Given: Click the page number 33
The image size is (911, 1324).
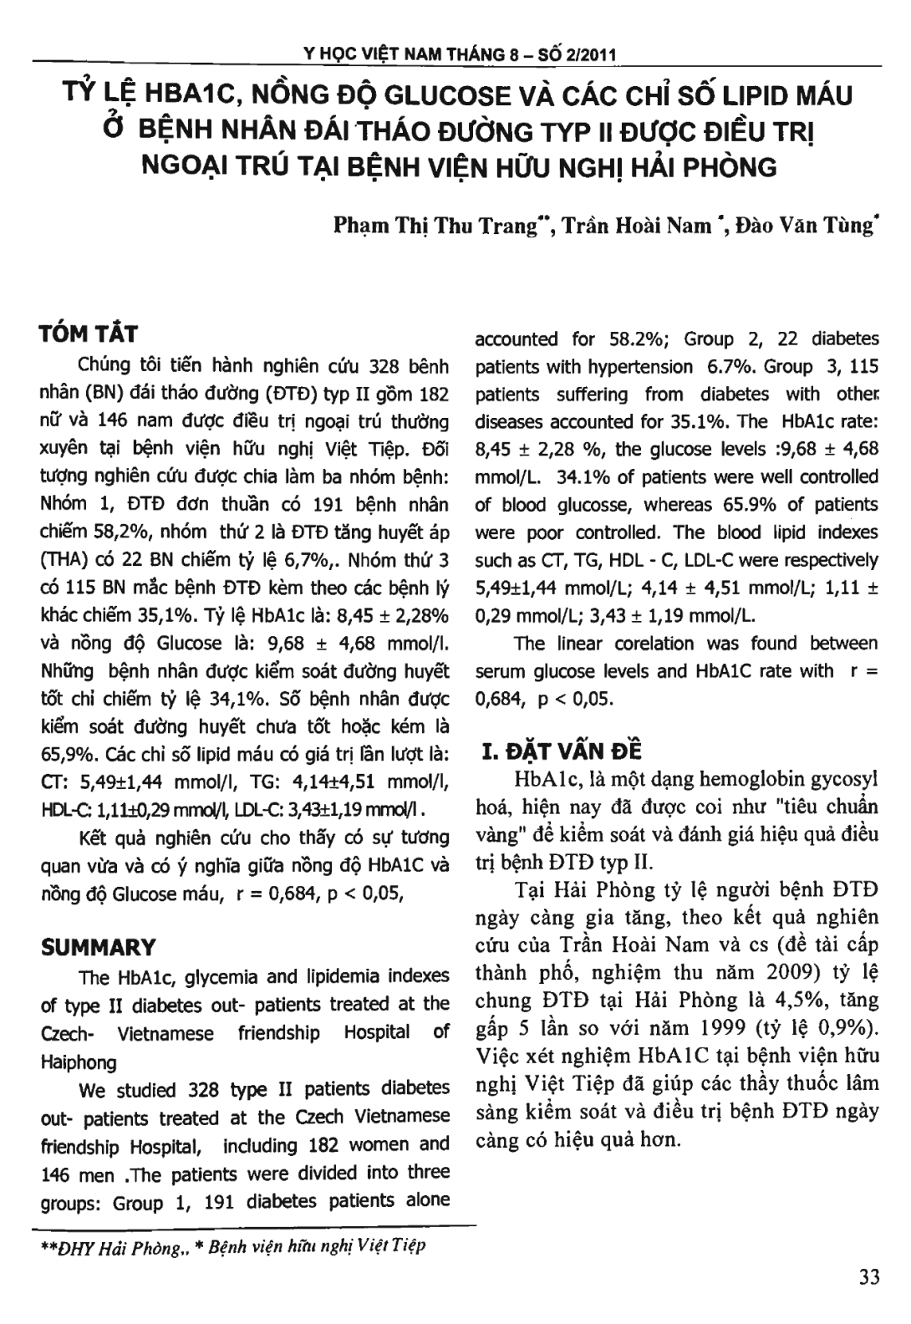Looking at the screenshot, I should click(x=868, y=1277).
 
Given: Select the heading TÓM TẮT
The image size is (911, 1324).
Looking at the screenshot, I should click(x=89, y=334).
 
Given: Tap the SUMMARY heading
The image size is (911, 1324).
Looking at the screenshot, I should click(x=99, y=948).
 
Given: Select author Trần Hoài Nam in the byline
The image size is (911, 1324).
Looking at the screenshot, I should click(x=635, y=226).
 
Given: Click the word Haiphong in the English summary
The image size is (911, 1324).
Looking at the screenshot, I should click(x=79, y=1062).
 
